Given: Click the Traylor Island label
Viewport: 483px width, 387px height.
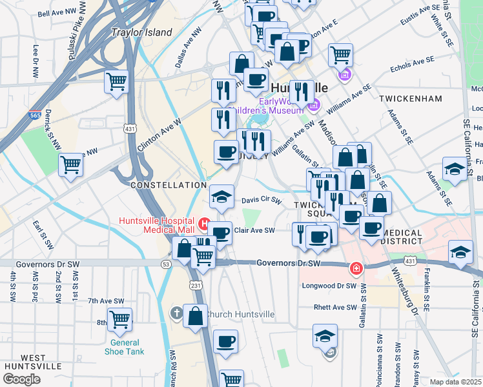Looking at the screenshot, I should coord(141,32).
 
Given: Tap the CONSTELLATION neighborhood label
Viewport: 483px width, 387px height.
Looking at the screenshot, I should coord(169,185).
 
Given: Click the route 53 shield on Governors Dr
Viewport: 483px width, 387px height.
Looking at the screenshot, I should coord(167,264).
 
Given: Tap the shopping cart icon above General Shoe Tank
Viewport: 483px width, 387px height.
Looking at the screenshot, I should coord(120,319).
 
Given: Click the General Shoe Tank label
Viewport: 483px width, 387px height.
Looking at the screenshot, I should coord(124,347).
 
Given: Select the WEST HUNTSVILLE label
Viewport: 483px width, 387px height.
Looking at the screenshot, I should coord(25,362).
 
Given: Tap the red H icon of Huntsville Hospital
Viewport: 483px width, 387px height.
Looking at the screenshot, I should coord(205,224).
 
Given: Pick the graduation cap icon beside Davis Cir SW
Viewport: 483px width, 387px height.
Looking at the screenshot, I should coord(221,196).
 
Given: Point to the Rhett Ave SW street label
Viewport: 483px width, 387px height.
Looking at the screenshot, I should coord(334,308).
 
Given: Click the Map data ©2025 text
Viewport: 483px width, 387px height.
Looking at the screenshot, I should coord(455,382).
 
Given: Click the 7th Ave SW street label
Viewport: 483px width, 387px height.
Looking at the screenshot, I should coord(106,301).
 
